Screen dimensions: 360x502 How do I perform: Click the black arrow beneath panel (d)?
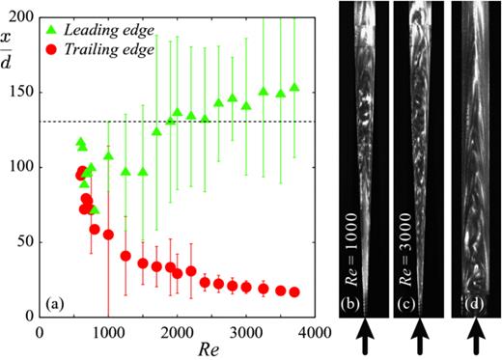click(477, 340)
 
